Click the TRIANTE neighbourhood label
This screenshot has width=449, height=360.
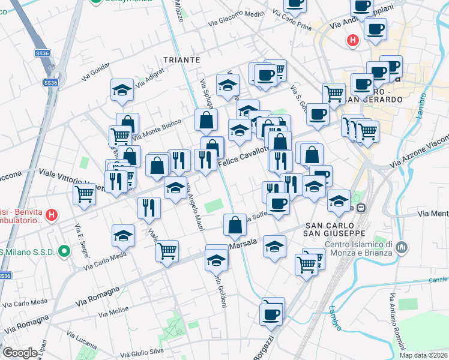click(x=181, y=60)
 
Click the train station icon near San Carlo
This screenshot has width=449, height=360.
click(x=361, y=208)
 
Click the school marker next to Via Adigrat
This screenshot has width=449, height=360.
click(x=122, y=89)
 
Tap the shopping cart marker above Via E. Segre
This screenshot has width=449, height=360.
click(x=84, y=193)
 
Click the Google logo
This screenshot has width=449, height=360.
click(x=20, y=353)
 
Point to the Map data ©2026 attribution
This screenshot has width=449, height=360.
click(x=423, y=355)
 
